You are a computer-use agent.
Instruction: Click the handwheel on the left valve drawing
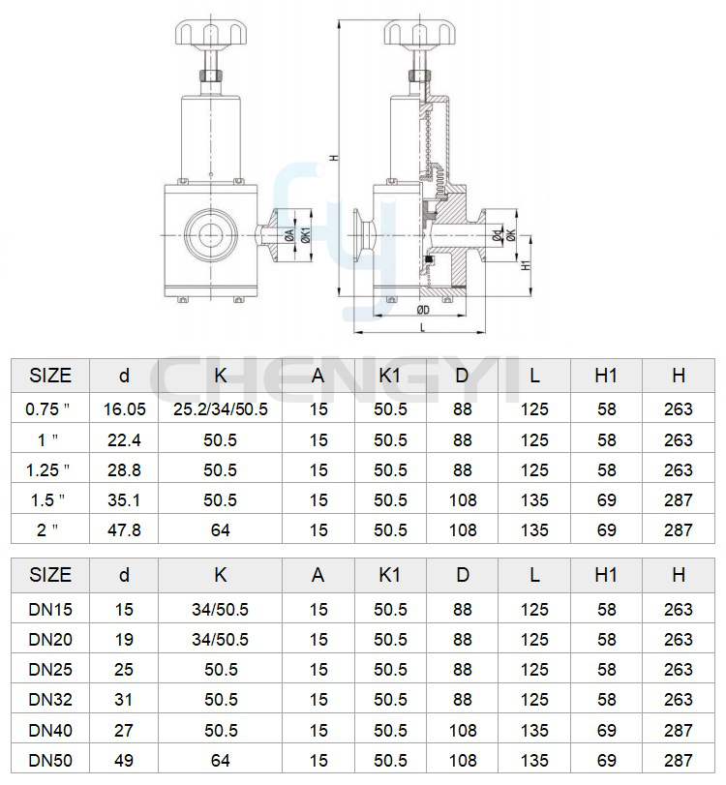[210, 32]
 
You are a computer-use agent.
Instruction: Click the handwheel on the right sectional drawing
[419, 32]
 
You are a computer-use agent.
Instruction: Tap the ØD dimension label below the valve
[423, 311]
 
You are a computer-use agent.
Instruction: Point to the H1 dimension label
[526, 265]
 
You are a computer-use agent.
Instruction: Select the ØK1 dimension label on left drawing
[306, 235]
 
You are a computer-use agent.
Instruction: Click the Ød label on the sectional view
[497, 235]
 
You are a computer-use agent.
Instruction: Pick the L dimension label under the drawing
[423, 327]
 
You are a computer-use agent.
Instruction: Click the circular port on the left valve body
[210, 235]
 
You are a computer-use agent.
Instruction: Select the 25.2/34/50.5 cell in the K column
[221, 409]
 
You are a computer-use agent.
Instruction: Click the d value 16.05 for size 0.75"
[124, 409]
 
